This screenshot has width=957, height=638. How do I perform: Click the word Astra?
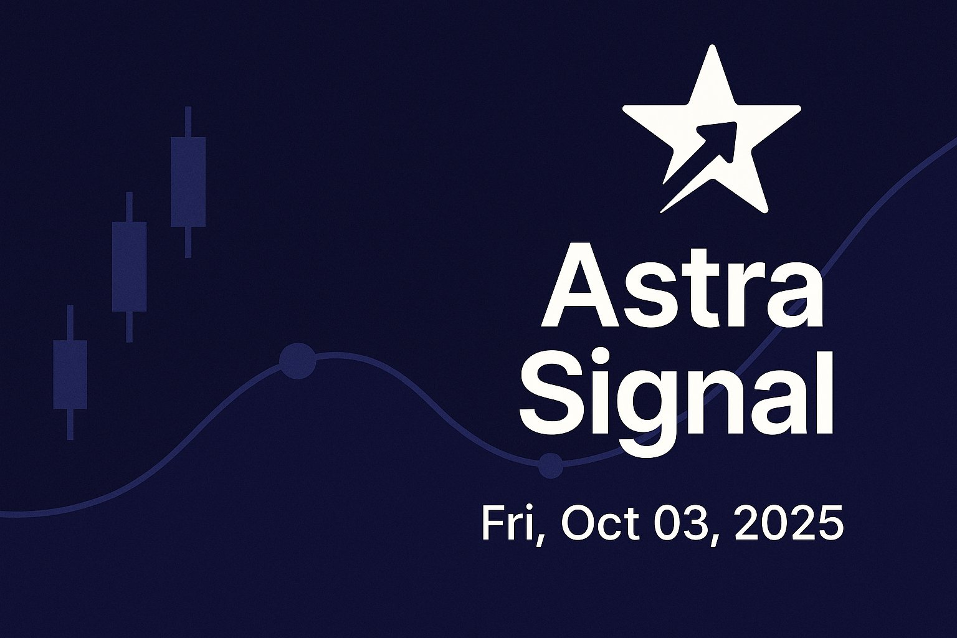coord(682,286)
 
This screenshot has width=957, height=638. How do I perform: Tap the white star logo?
coord(712,129)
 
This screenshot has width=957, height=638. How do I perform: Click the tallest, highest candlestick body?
coord(188,181)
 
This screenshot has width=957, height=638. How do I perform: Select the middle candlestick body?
coord(129,267)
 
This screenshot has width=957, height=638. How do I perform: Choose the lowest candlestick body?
coord(70,375)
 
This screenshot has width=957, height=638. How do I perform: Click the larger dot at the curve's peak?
coord(298,361)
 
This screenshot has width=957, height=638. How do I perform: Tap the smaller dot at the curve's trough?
coord(550,465)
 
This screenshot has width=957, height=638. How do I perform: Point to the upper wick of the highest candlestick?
coord(188,121)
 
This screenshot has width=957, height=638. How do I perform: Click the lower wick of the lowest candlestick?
coord(70,425)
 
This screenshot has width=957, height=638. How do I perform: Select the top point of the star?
coord(712,46)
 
